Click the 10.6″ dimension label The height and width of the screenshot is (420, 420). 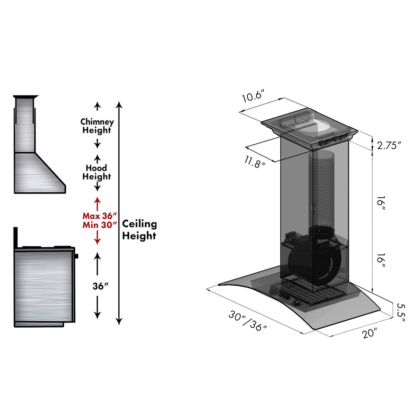pos(253,96)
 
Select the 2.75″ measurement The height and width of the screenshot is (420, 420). pos(389,145)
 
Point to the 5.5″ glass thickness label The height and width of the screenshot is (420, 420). pos(401,312)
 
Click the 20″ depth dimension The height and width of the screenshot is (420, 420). pos(369,334)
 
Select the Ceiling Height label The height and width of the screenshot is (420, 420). pos(139,230)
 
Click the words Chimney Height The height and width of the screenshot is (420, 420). pos(97,126)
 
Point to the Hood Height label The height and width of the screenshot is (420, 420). pos(97,172)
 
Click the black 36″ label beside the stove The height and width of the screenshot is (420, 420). pos(100,286)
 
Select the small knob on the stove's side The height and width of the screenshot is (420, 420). pos(76,256)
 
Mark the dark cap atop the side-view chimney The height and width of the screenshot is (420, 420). pos(25,97)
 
